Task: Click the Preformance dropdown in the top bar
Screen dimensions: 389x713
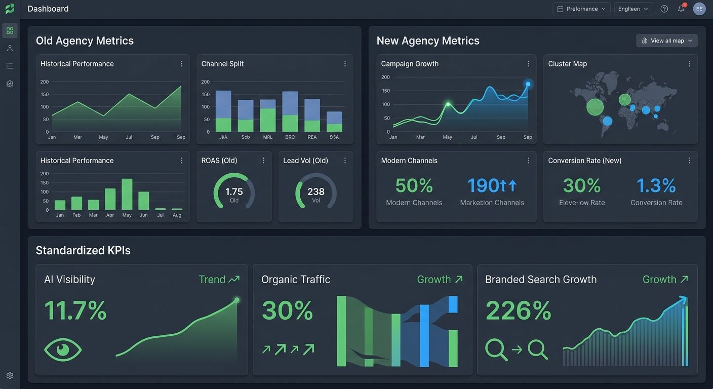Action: pos(581,9)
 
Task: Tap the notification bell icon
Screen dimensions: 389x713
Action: pos(681,9)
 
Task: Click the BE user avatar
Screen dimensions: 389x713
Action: pos(699,9)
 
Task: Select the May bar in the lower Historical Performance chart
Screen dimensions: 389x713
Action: pos(127,194)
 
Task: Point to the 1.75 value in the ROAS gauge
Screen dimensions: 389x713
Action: pos(234,192)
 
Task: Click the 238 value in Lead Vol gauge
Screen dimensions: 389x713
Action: pos(316,192)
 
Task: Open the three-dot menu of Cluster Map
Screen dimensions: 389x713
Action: pos(689,64)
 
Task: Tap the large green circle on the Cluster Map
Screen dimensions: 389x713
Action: pos(595,107)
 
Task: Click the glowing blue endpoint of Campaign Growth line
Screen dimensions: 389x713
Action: pos(528,84)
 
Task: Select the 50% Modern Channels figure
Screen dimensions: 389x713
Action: pos(414,186)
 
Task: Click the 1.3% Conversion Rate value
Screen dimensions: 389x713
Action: pos(656,186)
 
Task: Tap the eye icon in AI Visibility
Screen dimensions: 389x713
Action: pos(63,349)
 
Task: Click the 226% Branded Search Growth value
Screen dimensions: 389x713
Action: pos(518,310)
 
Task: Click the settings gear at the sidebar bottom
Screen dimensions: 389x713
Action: pos(10,375)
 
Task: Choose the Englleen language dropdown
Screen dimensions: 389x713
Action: pos(633,9)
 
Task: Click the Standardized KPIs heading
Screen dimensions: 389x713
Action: pos(83,250)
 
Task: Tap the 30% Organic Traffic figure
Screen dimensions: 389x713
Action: pos(287,310)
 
